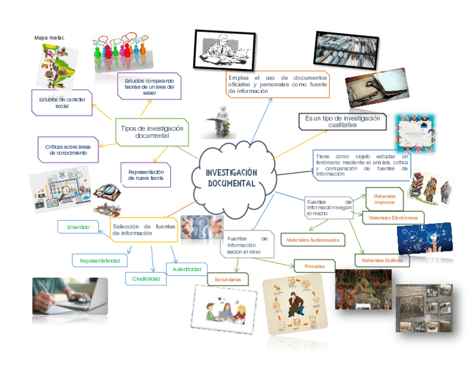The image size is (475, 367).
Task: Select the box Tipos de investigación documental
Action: [152, 132]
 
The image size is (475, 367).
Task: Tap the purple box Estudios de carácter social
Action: [62, 103]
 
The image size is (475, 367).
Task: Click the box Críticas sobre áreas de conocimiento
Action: [67, 150]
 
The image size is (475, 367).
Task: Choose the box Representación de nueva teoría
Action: [146, 175]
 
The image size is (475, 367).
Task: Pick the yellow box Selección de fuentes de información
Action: [143, 230]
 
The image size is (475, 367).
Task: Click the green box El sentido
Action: [78, 227]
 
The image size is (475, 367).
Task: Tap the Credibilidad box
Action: [146, 278]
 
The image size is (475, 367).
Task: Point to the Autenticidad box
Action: [187, 270]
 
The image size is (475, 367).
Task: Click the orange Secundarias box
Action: [227, 278]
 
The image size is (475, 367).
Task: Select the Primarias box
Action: [314, 266]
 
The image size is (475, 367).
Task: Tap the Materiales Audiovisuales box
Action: [313, 240]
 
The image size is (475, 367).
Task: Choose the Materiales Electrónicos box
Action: [393, 217]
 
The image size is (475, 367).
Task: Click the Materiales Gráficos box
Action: [381, 261]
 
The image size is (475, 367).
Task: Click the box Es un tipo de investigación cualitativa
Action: [342, 122]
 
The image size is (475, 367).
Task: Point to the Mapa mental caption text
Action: [49, 38]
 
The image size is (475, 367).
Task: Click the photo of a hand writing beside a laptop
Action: [69, 295]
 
